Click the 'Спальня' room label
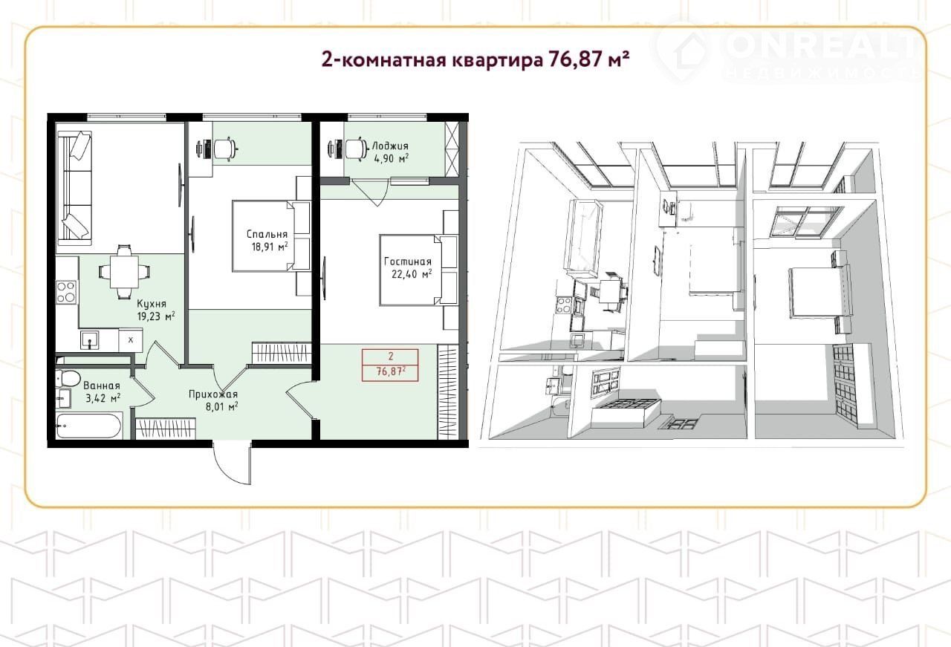267,234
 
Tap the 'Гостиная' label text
408,262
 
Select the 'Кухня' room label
152,304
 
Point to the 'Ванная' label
102,386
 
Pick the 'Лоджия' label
390,146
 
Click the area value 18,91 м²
270,247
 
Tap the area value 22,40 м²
412,274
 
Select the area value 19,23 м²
156,316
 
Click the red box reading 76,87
390,365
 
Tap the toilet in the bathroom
67,377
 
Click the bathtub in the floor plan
89,426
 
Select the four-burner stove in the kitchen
67,292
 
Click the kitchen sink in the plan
90,339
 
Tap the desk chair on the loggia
356,149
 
